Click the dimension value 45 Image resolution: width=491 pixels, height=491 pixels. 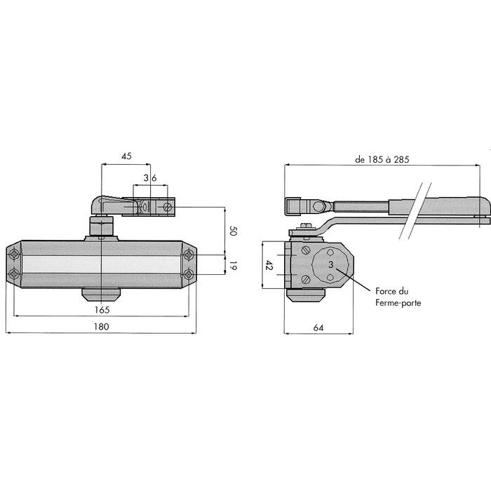coord(126,156)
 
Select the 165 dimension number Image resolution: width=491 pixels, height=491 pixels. coord(102,310)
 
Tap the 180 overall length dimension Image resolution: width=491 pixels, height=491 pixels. coord(102,327)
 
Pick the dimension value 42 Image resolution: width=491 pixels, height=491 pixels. coord(269,265)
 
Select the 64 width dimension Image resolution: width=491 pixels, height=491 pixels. coord(318,328)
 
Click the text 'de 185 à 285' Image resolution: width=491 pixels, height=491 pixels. coord(382,159)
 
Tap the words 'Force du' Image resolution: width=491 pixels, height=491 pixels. coord(391,291)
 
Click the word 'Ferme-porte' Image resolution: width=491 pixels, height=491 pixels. coord(398,303)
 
